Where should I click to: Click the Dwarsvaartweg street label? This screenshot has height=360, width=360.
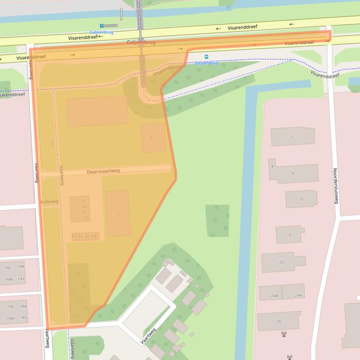click(103, 171)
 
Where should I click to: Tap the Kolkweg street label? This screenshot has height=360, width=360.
click(50, 202)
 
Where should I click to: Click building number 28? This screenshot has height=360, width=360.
click(279, 321)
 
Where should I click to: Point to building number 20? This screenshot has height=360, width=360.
click(281, 262)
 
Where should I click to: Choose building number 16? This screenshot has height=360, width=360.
click(289, 235)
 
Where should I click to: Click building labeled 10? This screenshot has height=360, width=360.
click(301, 199)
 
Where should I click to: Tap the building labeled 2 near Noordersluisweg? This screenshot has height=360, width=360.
click(293, 137)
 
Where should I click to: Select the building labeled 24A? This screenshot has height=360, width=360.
click(298, 295)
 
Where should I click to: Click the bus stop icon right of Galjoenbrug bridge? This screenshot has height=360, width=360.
click(207, 57)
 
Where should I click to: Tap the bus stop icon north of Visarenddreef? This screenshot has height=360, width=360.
click(101, 26)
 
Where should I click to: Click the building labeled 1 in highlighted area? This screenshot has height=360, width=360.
click(97, 111)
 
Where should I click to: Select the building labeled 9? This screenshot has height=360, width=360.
click(151, 138)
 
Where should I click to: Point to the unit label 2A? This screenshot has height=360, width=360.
click(83, 201)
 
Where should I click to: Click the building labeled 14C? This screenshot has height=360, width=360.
click(8, 267)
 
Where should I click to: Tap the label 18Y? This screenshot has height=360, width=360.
click(23, 318)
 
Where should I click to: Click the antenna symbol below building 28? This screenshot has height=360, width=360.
click(284, 334)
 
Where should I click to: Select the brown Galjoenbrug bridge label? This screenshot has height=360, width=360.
click(141, 42)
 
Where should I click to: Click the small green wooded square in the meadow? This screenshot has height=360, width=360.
click(217, 221)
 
